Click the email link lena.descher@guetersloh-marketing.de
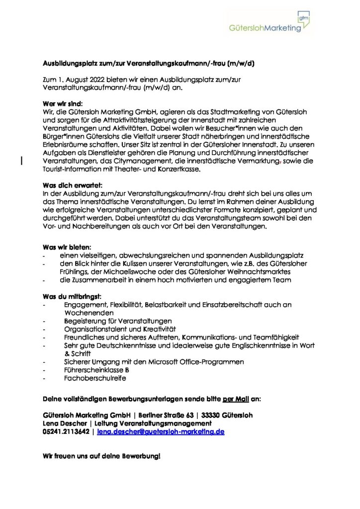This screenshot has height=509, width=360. (x=161, y=432)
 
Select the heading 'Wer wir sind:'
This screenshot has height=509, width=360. (x=58, y=104)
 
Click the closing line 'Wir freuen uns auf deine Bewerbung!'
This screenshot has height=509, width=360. (x=101, y=457)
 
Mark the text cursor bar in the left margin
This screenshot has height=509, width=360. (x=21, y=160)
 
